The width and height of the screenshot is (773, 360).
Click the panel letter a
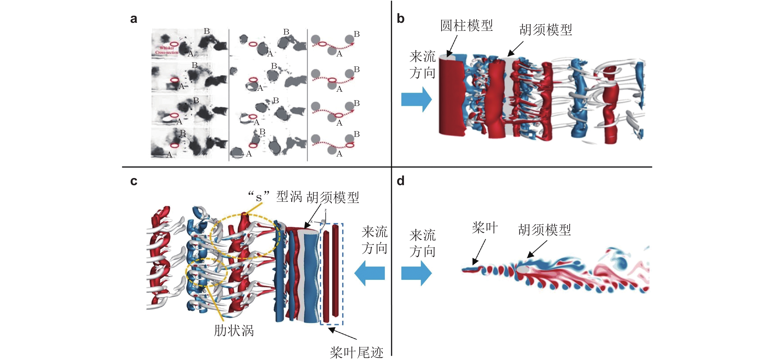click(134, 19)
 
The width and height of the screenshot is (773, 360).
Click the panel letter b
click(400, 19)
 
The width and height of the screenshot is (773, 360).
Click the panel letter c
click(134, 181)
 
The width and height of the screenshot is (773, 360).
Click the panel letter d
click(400, 181)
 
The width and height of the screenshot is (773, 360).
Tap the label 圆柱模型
click(466, 26)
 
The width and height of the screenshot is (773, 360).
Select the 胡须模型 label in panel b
click(546, 30)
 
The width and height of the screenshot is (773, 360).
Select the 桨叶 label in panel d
click(485, 228)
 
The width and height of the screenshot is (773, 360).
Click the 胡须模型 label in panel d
click(544, 230)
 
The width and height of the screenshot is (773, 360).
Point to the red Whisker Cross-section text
click(167, 50)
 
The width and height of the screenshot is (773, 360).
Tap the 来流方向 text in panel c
click(374, 240)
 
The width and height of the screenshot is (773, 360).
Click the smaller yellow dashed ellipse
click(206, 272)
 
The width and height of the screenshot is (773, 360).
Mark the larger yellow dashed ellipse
click(245, 236)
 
